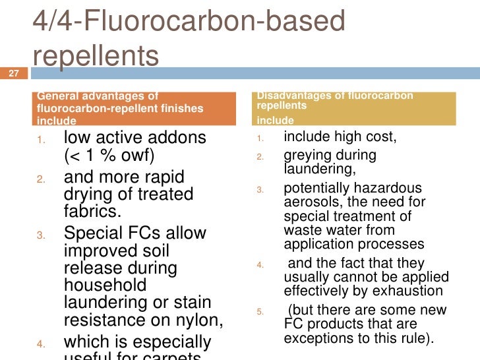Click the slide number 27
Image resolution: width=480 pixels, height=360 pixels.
[x=12, y=73]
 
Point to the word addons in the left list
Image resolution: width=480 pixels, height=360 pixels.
[x=179, y=139]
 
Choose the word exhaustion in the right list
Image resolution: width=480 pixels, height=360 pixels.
[x=411, y=291]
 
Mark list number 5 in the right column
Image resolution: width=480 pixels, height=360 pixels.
[x=260, y=311]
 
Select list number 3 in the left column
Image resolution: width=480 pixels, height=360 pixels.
[x=41, y=235]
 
